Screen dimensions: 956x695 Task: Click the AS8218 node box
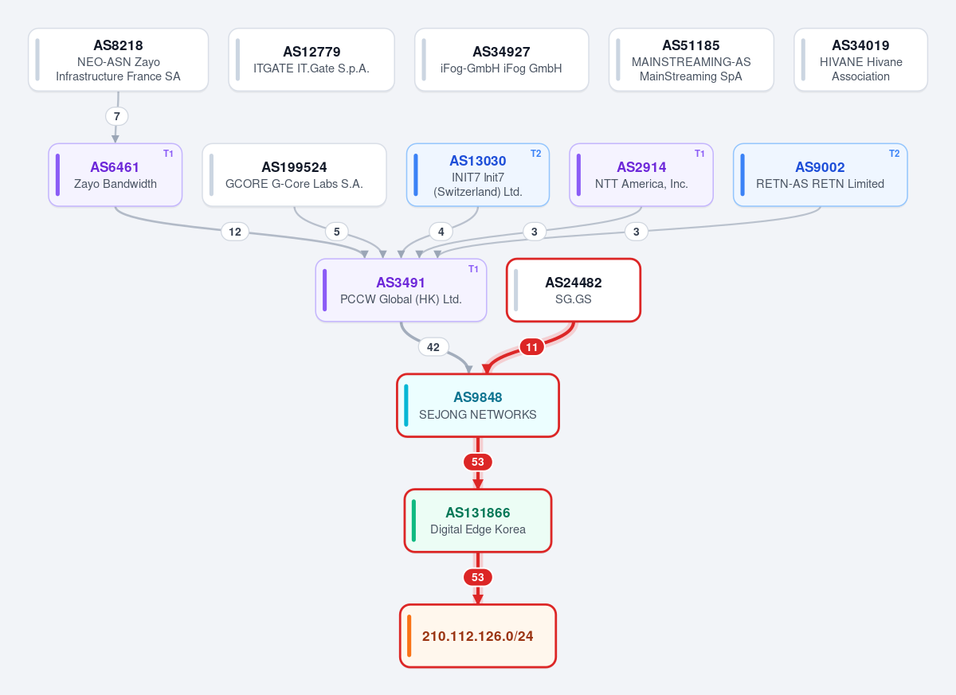(x=118, y=60)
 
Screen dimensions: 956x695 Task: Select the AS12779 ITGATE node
(x=311, y=60)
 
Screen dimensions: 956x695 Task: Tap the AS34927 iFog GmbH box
(x=501, y=60)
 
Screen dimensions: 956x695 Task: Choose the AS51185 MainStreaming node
(x=691, y=60)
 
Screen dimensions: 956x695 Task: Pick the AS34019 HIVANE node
(x=860, y=60)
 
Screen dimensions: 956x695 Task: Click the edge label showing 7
(x=116, y=116)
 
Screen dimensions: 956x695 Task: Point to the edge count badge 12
(x=235, y=232)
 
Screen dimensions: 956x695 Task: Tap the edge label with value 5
(x=337, y=232)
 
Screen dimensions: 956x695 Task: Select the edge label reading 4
(x=441, y=232)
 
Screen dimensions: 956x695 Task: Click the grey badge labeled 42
(x=433, y=347)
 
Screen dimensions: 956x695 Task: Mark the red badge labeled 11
(x=531, y=347)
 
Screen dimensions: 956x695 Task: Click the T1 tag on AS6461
(x=168, y=154)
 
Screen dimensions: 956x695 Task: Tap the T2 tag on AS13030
(x=535, y=154)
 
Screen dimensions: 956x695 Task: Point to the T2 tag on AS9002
(x=894, y=154)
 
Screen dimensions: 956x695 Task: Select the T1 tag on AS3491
(x=473, y=269)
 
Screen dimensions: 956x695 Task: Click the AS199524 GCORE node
(x=294, y=175)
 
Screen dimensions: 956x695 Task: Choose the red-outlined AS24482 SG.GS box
(x=573, y=290)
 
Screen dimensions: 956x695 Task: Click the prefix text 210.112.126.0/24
(x=477, y=636)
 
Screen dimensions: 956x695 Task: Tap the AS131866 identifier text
(x=477, y=513)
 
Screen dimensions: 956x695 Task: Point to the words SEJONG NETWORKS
(x=477, y=415)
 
